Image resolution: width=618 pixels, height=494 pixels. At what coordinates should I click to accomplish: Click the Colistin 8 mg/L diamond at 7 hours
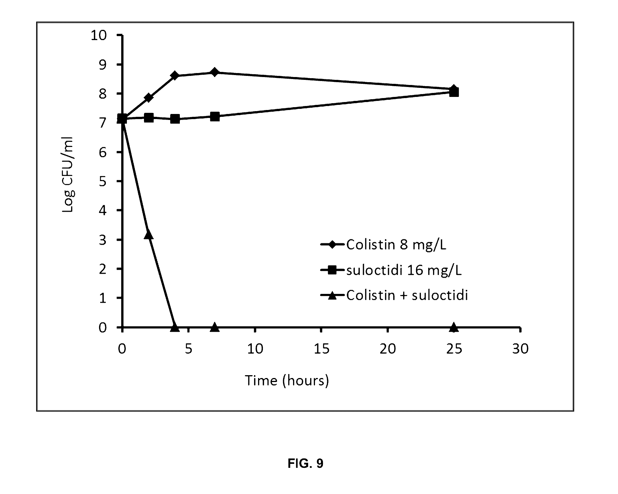[215, 72]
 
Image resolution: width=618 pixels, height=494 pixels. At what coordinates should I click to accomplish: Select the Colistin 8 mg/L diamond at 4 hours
[175, 76]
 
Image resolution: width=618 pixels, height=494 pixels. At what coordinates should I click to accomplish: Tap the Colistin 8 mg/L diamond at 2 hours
[149, 98]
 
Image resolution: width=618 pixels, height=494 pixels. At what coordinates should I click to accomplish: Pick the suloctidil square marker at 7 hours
[215, 117]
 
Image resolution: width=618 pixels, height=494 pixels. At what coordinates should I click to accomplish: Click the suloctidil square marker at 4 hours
[175, 119]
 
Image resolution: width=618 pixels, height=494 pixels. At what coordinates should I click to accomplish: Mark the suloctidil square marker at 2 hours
[149, 117]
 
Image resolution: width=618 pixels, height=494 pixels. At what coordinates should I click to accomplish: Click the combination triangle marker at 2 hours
[149, 234]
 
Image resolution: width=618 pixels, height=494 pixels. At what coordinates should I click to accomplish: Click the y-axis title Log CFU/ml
[68, 175]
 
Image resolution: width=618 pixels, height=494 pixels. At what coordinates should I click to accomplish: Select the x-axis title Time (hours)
[287, 381]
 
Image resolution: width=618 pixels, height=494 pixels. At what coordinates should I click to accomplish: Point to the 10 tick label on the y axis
[99, 35]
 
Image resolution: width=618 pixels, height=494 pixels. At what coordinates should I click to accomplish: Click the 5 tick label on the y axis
[102, 182]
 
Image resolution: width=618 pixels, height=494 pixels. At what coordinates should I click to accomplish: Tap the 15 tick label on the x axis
[322, 349]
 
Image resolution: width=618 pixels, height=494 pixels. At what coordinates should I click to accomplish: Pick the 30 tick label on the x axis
[520, 349]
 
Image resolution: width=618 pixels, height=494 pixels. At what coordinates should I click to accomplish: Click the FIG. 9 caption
[306, 463]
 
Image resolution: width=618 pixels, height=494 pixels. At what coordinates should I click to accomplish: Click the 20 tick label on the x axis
[388, 349]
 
